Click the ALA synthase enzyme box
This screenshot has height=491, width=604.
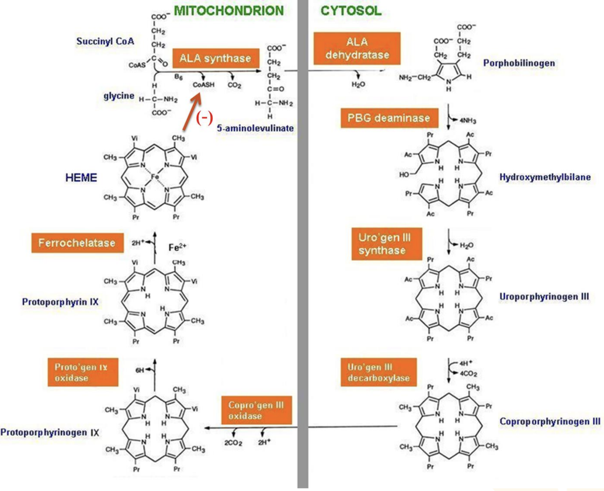click(x=215, y=58)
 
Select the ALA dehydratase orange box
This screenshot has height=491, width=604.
click(x=357, y=48)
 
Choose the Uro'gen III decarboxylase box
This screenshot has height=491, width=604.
click(x=378, y=373)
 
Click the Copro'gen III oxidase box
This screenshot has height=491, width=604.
click(x=256, y=410)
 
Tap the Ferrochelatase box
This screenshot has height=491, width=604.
click(x=77, y=243)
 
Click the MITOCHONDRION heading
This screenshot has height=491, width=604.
click(x=228, y=10)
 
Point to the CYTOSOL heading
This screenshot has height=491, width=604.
click(x=351, y=10)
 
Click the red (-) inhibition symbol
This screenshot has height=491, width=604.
click(x=205, y=118)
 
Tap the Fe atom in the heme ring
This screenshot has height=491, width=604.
click(x=155, y=177)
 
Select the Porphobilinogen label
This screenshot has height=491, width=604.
click(x=519, y=63)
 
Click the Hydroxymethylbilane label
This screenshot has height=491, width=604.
click(x=545, y=177)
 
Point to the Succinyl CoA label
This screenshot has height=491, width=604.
click(x=105, y=41)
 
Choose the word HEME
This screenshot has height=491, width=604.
click(x=81, y=178)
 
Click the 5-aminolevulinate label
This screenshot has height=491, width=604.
click(x=255, y=128)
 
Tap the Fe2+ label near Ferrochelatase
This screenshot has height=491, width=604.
click(x=177, y=247)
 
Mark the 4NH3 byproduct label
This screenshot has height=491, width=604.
click(x=467, y=121)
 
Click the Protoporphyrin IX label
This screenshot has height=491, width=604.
click(x=60, y=302)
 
